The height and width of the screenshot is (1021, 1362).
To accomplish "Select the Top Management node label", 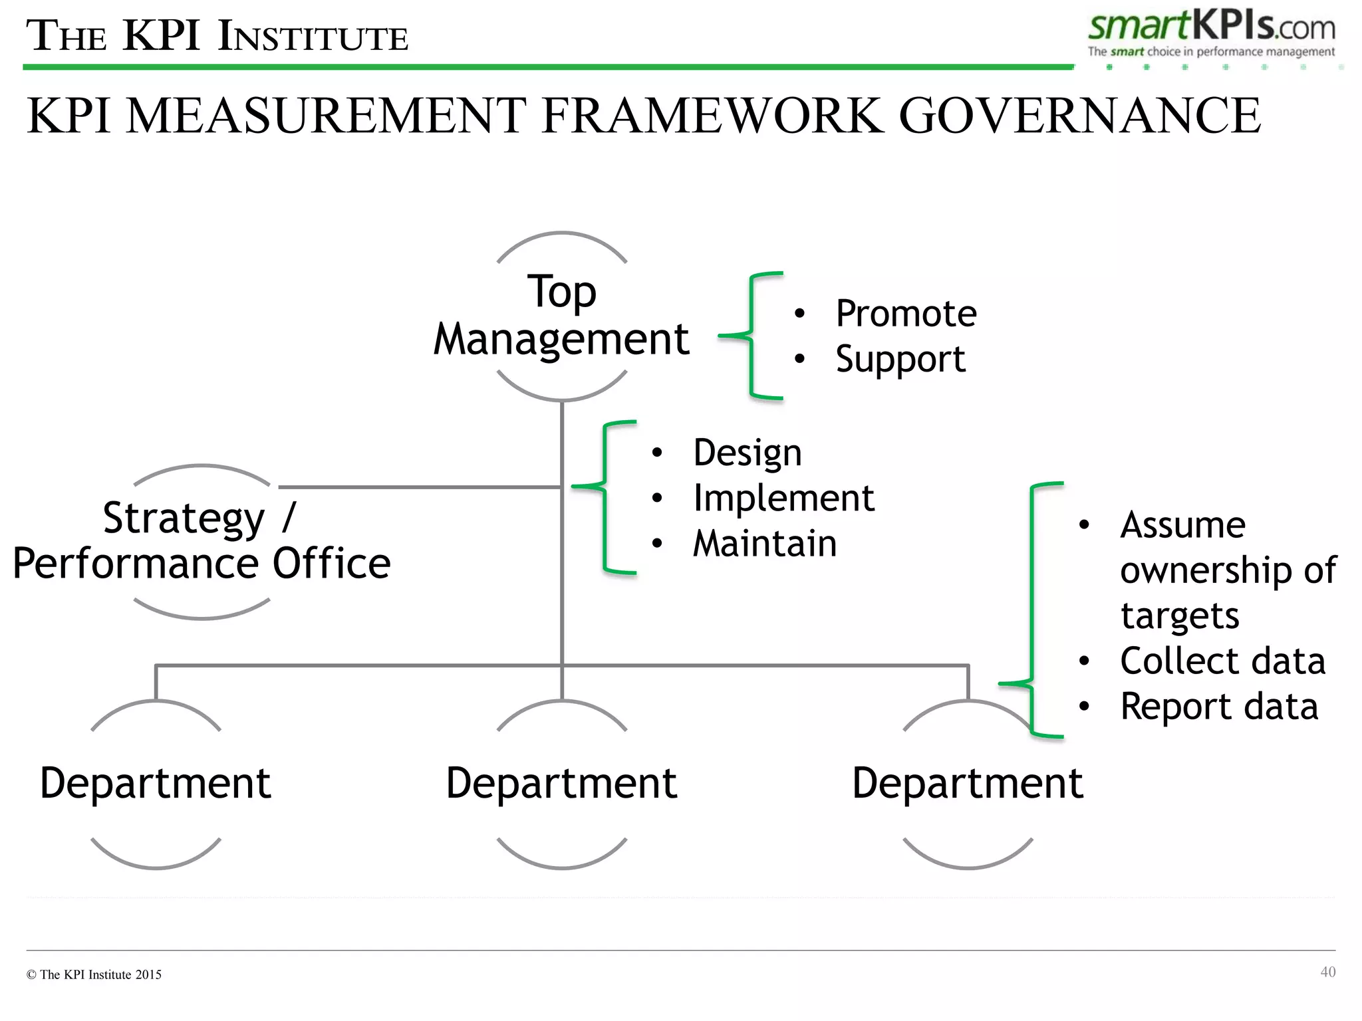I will coord(562,316).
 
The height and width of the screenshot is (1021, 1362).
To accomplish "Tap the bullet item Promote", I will coord(905,314).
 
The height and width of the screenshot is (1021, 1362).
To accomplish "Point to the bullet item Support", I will coord(900,360).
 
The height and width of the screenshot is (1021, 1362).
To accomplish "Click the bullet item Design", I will coord(747,453).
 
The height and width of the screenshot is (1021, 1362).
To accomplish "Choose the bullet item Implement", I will coord(783,499).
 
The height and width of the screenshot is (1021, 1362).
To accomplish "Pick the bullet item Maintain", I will coord(764,544).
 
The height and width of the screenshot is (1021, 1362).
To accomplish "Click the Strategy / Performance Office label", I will coord(202,540).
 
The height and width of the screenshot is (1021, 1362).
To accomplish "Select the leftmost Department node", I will coord(156,783).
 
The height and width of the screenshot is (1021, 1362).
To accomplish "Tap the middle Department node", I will coord(562,783).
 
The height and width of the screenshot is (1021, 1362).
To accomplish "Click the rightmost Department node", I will coord(968,783).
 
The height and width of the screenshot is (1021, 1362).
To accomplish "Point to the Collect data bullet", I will coord(1222,661).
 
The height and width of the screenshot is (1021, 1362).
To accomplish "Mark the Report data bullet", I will coord(1218,707).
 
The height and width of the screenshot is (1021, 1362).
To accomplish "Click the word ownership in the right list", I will coord(1201,570).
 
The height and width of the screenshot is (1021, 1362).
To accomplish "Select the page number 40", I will coord(1327,972).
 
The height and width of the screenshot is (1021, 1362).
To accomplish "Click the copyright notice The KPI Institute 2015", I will coord(94,974).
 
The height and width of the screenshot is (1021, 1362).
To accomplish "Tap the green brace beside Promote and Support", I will coord(752,336).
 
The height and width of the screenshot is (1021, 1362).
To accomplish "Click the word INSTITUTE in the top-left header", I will coord(313,37).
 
